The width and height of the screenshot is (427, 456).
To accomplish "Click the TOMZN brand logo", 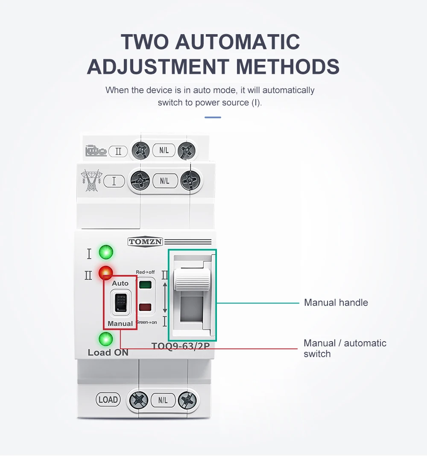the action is (x=145, y=242).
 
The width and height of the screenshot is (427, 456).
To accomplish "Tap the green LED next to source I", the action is (x=105, y=252).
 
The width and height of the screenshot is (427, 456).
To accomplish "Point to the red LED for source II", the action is (x=105, y=272).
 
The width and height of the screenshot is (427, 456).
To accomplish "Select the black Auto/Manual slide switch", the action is (x=120, y=303).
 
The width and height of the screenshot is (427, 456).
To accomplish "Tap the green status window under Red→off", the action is (x=146, y=285).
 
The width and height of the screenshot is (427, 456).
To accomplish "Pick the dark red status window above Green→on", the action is (x=146, y=307).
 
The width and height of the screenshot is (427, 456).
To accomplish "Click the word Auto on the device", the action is (x=120, y=283).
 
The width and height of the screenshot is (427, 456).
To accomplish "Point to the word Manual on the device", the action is (x=120, y=323).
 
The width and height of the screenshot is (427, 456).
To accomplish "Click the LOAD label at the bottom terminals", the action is (x=108, y=400).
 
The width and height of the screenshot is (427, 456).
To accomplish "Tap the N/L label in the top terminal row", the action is (x=164, y=150).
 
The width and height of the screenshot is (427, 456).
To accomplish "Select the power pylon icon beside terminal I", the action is (x=91, y=180).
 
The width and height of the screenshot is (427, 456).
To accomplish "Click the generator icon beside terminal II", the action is (x=96, y=151).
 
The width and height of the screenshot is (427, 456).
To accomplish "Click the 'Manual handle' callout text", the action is (x=336, y=303).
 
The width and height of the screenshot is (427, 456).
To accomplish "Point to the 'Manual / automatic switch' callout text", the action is (x=345, y=348).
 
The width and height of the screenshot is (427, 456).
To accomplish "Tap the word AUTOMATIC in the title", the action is (x=238, y=42).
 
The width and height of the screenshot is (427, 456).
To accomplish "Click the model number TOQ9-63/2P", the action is (x=181, y=346).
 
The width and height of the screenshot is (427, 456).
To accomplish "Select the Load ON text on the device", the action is (x=108, y=353).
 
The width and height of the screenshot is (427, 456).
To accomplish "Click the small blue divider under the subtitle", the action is (x=213, y=117).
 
